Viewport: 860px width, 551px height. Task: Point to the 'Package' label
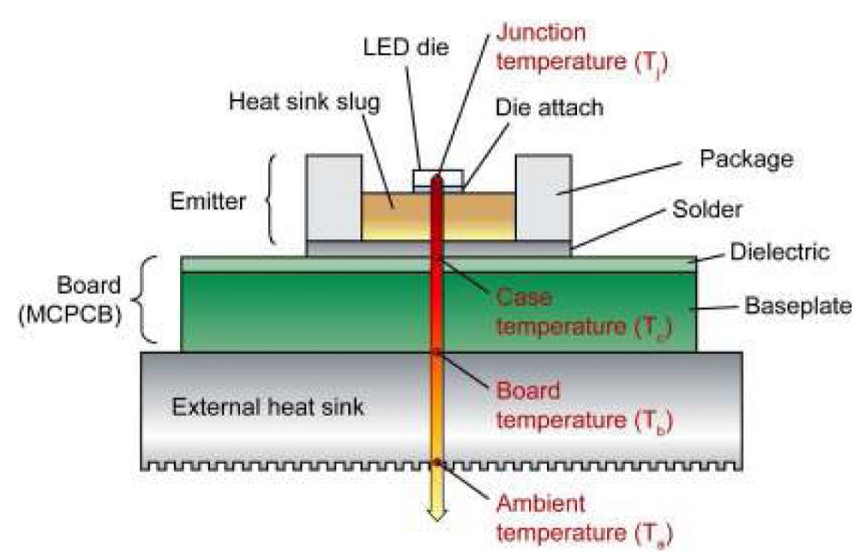746,159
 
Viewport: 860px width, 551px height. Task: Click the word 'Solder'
707,209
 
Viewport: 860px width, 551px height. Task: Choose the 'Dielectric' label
780,252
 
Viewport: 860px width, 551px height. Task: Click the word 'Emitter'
208,202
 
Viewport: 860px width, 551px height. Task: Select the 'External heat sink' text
268,408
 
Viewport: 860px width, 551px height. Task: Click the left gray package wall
334,197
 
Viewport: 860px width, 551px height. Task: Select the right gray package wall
543,197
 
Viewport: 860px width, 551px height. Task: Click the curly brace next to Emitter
272,201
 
